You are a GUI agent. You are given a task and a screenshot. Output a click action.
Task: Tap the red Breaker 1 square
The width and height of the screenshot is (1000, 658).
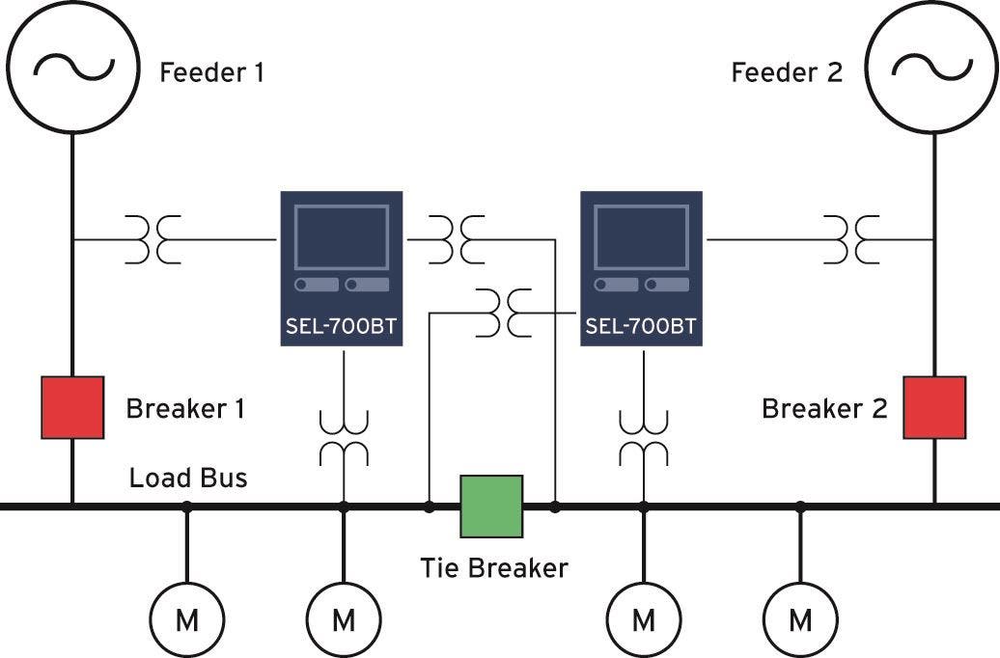[72, 407]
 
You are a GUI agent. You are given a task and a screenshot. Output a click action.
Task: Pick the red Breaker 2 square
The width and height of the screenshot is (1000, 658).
[934, 407]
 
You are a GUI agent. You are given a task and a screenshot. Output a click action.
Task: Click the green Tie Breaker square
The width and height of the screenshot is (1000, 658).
[491, 507]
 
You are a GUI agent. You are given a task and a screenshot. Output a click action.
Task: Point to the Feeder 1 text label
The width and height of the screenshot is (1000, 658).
[211, 72]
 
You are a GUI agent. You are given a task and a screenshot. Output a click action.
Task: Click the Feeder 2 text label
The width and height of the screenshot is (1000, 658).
[787, 72]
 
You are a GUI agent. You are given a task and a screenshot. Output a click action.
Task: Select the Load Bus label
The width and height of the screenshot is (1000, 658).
[188, 478]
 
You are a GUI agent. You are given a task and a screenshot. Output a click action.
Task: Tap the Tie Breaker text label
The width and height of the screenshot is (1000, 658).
[494, 568]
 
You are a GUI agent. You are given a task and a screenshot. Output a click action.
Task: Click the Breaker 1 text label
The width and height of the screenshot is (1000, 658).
[185, 409]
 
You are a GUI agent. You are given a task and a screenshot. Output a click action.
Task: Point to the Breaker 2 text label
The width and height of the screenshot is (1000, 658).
[824, 409]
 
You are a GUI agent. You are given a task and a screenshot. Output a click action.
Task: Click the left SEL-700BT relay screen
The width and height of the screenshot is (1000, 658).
[342, 237]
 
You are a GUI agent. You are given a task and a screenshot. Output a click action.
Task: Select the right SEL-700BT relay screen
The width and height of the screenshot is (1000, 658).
[642, 237]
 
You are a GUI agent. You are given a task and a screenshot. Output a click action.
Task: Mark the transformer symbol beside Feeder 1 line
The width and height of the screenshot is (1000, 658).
[153, 239]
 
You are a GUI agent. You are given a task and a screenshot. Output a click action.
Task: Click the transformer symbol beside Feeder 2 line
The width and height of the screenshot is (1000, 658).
[851, 239]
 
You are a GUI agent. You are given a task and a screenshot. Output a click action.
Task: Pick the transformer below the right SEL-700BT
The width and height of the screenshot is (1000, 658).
[644, 438]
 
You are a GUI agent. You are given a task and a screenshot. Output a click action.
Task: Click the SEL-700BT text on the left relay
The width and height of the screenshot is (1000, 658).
[341, 326]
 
